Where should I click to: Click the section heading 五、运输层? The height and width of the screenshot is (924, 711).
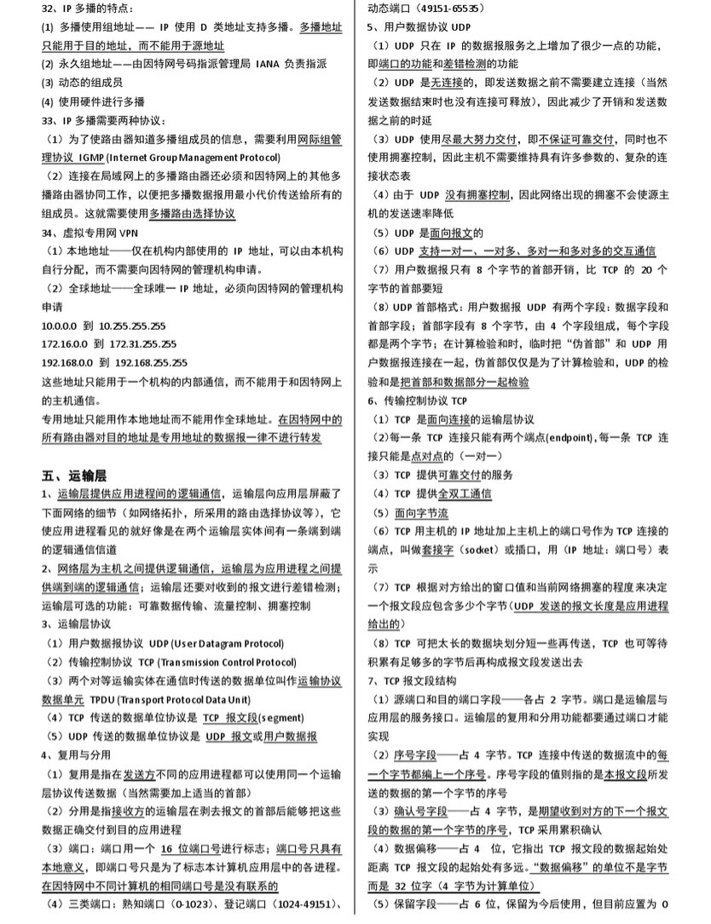point(75,474)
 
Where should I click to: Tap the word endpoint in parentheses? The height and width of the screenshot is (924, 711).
point(548,437)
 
